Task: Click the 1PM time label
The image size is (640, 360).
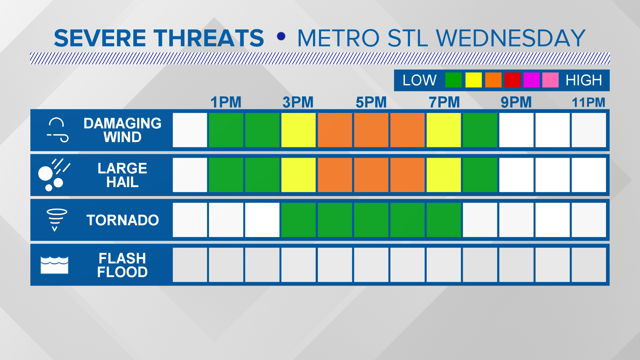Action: (x=226, y=102)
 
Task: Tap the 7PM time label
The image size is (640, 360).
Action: (x=444, y=102)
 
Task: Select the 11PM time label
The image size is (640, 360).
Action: (x=588, y=102)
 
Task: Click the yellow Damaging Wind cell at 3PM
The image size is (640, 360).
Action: (x=298, y=130)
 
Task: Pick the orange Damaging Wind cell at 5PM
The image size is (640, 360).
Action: (x=371, y=130)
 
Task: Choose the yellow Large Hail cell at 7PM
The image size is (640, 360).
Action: (x=444, y=175)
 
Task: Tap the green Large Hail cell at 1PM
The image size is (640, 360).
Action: (x=226, y=175)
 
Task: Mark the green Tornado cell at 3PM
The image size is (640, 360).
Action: (x=298, y=220)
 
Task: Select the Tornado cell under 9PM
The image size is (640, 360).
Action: (x=516, y=220)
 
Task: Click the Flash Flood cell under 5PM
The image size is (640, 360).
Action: (x=371, y=265)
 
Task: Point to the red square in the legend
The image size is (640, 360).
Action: (x=512, y=80)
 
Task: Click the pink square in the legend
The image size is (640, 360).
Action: (x=550, y=80)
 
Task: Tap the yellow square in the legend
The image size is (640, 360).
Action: (x=473, y=80)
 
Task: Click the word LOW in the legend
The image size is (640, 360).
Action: (x=419, y=80)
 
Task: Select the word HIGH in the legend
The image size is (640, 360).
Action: (x=584, y=80)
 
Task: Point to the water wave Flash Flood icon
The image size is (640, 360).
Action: (x=54, y=265)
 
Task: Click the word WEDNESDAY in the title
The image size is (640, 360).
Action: (x=510, y=38)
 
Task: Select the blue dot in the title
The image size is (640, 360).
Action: (x=281, y=36)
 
